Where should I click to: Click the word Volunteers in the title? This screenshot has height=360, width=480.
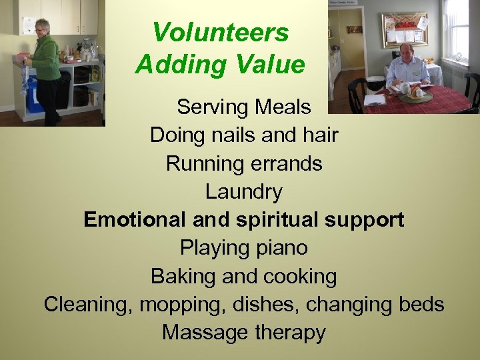point(220,32)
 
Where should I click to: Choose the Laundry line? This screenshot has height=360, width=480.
point(243,192)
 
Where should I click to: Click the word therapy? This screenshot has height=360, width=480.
point(287,332)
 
